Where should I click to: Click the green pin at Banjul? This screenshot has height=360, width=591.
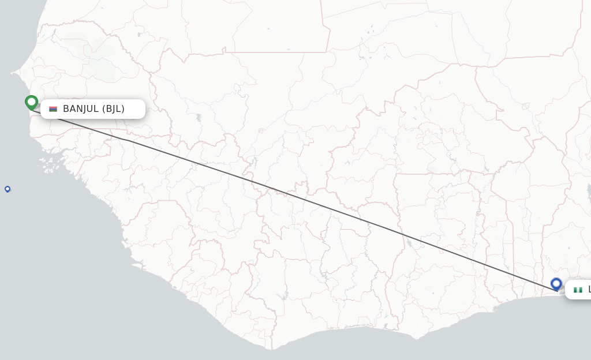pyautogui.click(x=31, y=102)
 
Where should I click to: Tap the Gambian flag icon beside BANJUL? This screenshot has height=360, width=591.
pyautogui.click(x=53, y=109)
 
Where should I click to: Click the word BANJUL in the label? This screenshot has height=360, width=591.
pyautogui.click(x=81, y=109)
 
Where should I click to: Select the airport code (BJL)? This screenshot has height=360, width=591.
pyautogui.click(x=114, y=109)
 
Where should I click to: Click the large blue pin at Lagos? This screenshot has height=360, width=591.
pyautogui.click(x=556, y=283)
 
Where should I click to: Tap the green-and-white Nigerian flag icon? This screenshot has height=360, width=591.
pyautogui.click(x=578, y=290)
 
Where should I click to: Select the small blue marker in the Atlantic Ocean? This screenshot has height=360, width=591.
pyautogui.click(x=8, y=189)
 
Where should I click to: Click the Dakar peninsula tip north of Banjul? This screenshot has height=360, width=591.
pyautogui.click(x=12, y=74)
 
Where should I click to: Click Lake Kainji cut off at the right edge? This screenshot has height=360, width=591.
pyautogui.click(x=588, y=190)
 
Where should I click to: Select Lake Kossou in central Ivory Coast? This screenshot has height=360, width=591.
pyautogui.click(x=325, y=276)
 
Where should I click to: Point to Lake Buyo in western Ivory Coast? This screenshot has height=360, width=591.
pyautogui.click(x=284, y=297)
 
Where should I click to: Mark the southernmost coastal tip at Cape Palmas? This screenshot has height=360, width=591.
pyautogui.click(x=271, y=349)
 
